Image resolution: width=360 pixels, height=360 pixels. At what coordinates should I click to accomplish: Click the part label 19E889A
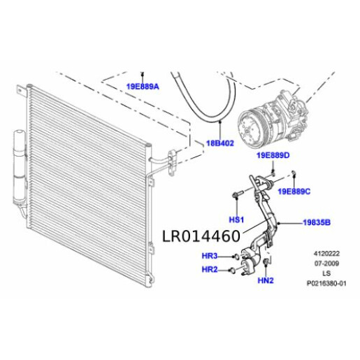click(143, 87)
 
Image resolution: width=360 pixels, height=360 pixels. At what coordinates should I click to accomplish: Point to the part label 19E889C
click(294, 191)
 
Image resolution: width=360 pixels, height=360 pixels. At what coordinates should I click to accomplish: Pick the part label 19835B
click(316, 222)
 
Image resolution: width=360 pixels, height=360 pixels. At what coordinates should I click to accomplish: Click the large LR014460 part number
click(201, 236)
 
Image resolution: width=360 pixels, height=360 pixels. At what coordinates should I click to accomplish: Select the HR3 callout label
click(210, 256)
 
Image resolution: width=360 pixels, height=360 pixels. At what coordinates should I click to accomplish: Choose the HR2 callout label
click(210, 269)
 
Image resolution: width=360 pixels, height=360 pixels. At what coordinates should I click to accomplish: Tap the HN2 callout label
click(266, 280)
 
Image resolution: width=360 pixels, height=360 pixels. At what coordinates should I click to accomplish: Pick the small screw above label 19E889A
click(143, 73)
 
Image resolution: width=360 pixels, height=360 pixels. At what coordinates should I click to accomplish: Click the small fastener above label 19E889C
click(294, 174)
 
